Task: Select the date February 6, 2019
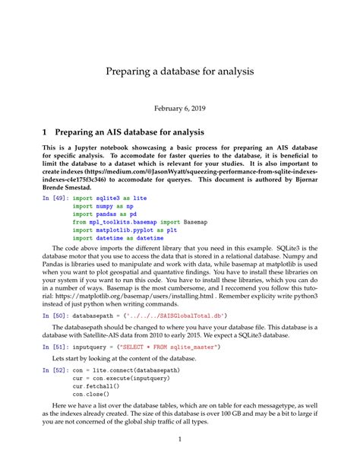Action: pos(179,109)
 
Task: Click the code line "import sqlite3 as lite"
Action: pos(109,198)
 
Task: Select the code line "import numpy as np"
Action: pos(103,206)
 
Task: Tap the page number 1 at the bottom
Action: pos(179,439)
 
